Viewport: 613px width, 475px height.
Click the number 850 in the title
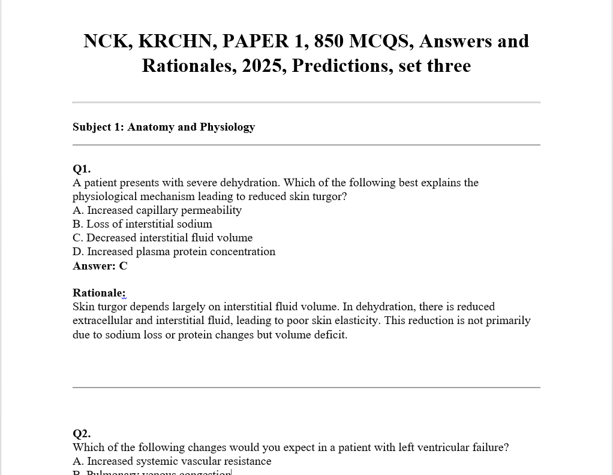pyautogui.click(x=328, y=41)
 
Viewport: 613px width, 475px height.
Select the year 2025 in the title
pyautogui.click(x=264, y=65)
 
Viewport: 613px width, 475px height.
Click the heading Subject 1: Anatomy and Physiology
pyautogui.click(x=164, y=127)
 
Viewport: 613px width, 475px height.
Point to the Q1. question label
pyautogui.click(x=82, y=168)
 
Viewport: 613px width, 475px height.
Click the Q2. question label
pyautogui.click(x=82, y=433)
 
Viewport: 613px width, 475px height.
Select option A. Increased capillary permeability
pyautogui.click(x=157, y=210)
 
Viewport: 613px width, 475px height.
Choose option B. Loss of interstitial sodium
pyautogui.click(x=143, y=224)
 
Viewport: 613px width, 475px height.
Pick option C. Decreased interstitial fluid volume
pyautogui.click(x=163, y=238)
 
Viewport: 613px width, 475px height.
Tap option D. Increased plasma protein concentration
pyautogui.click(x=174, y=252)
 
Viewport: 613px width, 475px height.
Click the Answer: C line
pyautogui.click(x=100, y=266)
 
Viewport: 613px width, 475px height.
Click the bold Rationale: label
pyautogui.click(x=99, y=293)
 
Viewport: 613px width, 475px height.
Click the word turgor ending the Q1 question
pyautogui.click(x=330, y=196)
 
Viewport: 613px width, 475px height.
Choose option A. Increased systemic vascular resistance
pyautogui.click(x=172, y=461)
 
